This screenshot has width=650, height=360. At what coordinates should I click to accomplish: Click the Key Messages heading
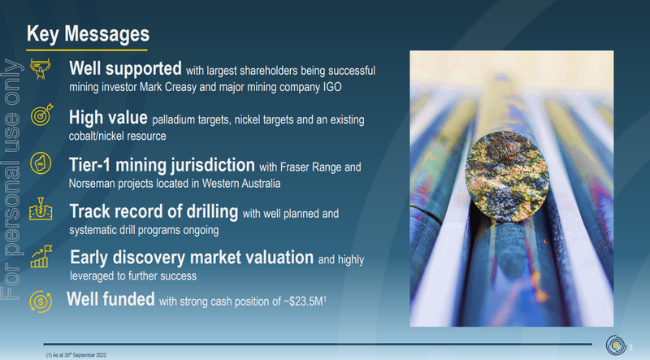click(88, 34)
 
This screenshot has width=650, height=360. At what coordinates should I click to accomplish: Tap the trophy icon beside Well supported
click(40, 68)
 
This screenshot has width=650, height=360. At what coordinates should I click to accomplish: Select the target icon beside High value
click(41, 115)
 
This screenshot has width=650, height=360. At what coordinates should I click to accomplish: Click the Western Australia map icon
click(41, 163)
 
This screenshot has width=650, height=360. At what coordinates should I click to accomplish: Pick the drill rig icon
click(41, 209)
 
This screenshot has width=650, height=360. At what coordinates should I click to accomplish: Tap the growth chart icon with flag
click(41, 256)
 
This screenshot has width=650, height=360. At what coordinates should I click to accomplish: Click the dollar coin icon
click(41, 301)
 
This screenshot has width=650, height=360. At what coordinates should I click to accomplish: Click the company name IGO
click(332, 87)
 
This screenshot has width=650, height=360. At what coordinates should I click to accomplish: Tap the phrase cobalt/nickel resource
click(117, 136)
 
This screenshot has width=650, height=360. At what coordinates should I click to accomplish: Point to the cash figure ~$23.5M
click(303, 301)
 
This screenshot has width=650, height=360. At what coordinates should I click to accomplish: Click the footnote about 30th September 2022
click(76, 355)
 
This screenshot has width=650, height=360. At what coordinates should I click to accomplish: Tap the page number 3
click(630, 348)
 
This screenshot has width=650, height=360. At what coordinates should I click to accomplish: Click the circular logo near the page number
click(616, 345)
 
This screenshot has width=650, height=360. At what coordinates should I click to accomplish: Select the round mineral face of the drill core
click(507, 176)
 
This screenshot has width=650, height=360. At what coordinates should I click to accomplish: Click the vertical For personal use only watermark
click(11, 179)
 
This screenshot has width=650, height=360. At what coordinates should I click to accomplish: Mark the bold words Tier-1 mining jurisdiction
click(162, 165)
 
